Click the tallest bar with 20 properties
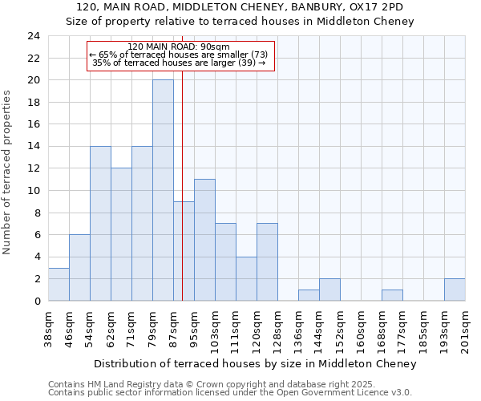tap(163, 190)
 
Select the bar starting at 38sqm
tap(59, 284)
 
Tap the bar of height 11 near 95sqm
tap(204, 240)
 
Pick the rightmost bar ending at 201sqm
tap(455, 290)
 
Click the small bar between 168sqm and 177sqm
tap(392, 295)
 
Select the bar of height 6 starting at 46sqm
tap(79, 268)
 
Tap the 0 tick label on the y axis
tap(37, 302)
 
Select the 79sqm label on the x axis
tap(152, 327)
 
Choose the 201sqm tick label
tap(465, 330)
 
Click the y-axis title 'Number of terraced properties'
tap(8, 172)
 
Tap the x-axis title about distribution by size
tap(255, 364)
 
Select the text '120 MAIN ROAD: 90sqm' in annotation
tap(179, 47)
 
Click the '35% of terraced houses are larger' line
tap(179, 63)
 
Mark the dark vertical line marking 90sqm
tap(183, 200)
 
